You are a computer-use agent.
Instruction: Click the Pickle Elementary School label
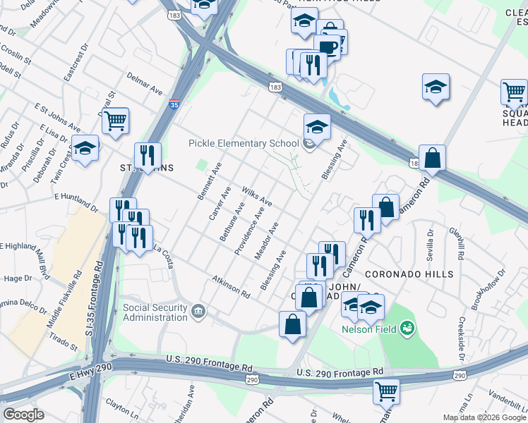point(244,143)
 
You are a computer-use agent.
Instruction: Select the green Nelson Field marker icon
point(407,328)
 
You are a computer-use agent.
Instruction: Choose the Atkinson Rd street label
point(232,286)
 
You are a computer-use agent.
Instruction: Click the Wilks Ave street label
point(258,196)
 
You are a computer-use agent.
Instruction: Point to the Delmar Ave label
point(145,82)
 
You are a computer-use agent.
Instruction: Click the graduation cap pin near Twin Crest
point(85,149)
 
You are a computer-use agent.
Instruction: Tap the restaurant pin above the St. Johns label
point(147,154)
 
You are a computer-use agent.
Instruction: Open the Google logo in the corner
point(23,414)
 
